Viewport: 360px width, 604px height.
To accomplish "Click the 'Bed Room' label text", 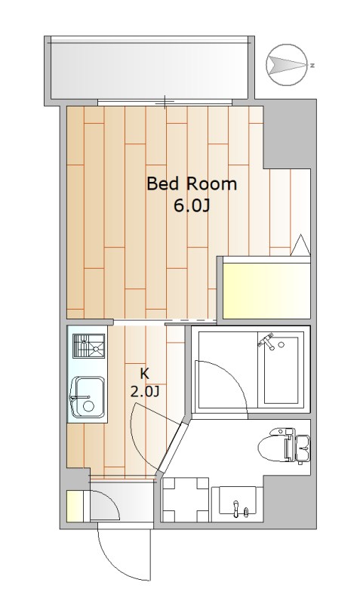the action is pos(192,184).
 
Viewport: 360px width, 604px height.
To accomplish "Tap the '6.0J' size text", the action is pos(192,206).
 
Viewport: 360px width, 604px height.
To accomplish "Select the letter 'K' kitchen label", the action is pos(144,373).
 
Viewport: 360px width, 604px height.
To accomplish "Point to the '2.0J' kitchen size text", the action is pos(145,392).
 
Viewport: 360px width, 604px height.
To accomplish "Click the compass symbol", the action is pos(287,65).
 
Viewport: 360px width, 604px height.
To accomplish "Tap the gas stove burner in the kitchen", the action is pos(89,346).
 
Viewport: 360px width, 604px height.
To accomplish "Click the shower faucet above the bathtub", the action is pos(268,341).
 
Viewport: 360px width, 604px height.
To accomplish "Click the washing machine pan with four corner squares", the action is pos(185,499).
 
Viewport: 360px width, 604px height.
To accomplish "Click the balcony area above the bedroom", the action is pos(149,68).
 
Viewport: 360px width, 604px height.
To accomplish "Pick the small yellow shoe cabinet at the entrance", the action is pos(74,505).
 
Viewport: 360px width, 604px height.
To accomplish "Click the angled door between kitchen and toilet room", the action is pos(170,446).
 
